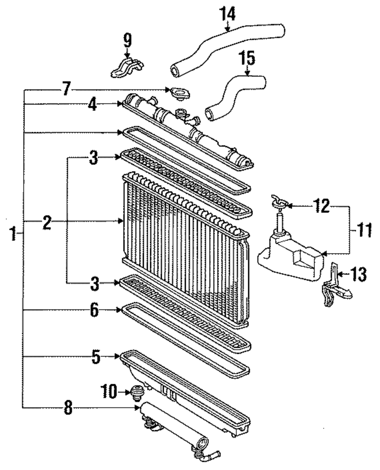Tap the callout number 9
[x=127, y=40]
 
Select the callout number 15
[x=247, y=58]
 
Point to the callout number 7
[x=66, y=89]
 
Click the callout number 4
[x=93, y=104]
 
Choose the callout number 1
[x=13, y=233]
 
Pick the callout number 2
[x=47, y=223]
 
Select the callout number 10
[x=109, y=391]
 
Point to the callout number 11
[x=363, y=230]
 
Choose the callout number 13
[x=358, y=274]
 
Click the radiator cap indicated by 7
[x=180, y=94]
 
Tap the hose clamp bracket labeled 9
[x=127, y=68]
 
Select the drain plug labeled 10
[x=138, y=393]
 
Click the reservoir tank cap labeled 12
[x=280, y=201]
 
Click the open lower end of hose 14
[x=176, y=71]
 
